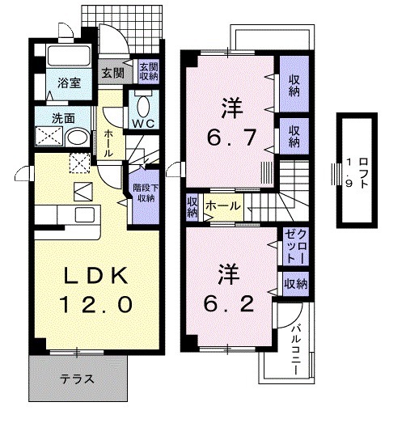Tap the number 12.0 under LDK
pyautogui.click(x=95, y=306)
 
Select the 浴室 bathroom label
pyautogui.click(x=67, y=83)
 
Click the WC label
pyautogui.click(x=144, y=123)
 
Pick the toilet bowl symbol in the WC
pyautogui.click(x=144, y=104)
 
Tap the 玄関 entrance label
pyautogui.click(x=112, y=72)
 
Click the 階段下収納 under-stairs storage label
pyautogui.click(x=145, y=193)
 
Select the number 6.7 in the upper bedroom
pyautogui.click(x=228, y=138)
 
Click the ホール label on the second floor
pyautogui.click(x=222, y=206)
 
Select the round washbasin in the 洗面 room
pyautogui.click(x=77, y=137)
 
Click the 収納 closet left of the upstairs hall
pyautogui.click(x=192, y=207)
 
